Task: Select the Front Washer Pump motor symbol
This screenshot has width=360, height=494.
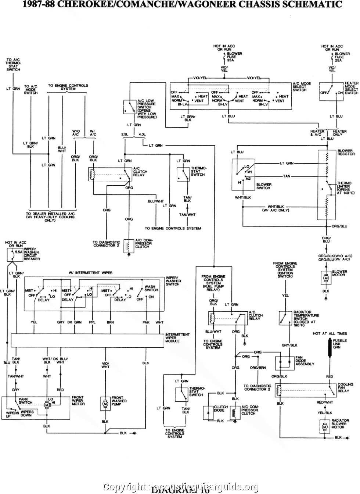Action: (105, 404)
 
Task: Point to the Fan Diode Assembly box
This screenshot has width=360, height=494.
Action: (285, 363)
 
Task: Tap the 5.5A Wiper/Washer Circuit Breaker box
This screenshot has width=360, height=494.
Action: (15, 253)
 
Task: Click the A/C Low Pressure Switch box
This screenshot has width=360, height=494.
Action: (129, 107)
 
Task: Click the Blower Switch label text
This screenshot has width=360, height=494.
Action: (263, 186)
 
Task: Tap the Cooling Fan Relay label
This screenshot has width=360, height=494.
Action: (345, 387)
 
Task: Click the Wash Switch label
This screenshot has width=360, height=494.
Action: (150, 288)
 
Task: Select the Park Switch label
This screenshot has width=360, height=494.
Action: (25, 401)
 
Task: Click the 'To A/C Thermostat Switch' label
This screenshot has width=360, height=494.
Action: (13, 64)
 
